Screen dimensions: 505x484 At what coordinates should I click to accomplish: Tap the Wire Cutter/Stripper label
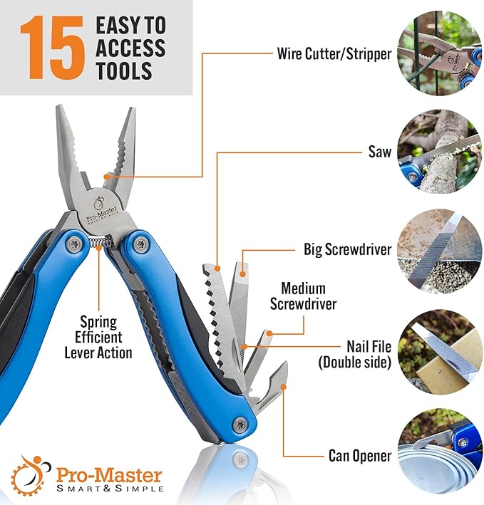[334, 53]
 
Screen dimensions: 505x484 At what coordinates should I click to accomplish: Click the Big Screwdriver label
[346, 250]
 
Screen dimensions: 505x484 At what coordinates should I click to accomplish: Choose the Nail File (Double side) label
[354, 353]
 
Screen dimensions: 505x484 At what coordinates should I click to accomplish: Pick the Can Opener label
[359, 455]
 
